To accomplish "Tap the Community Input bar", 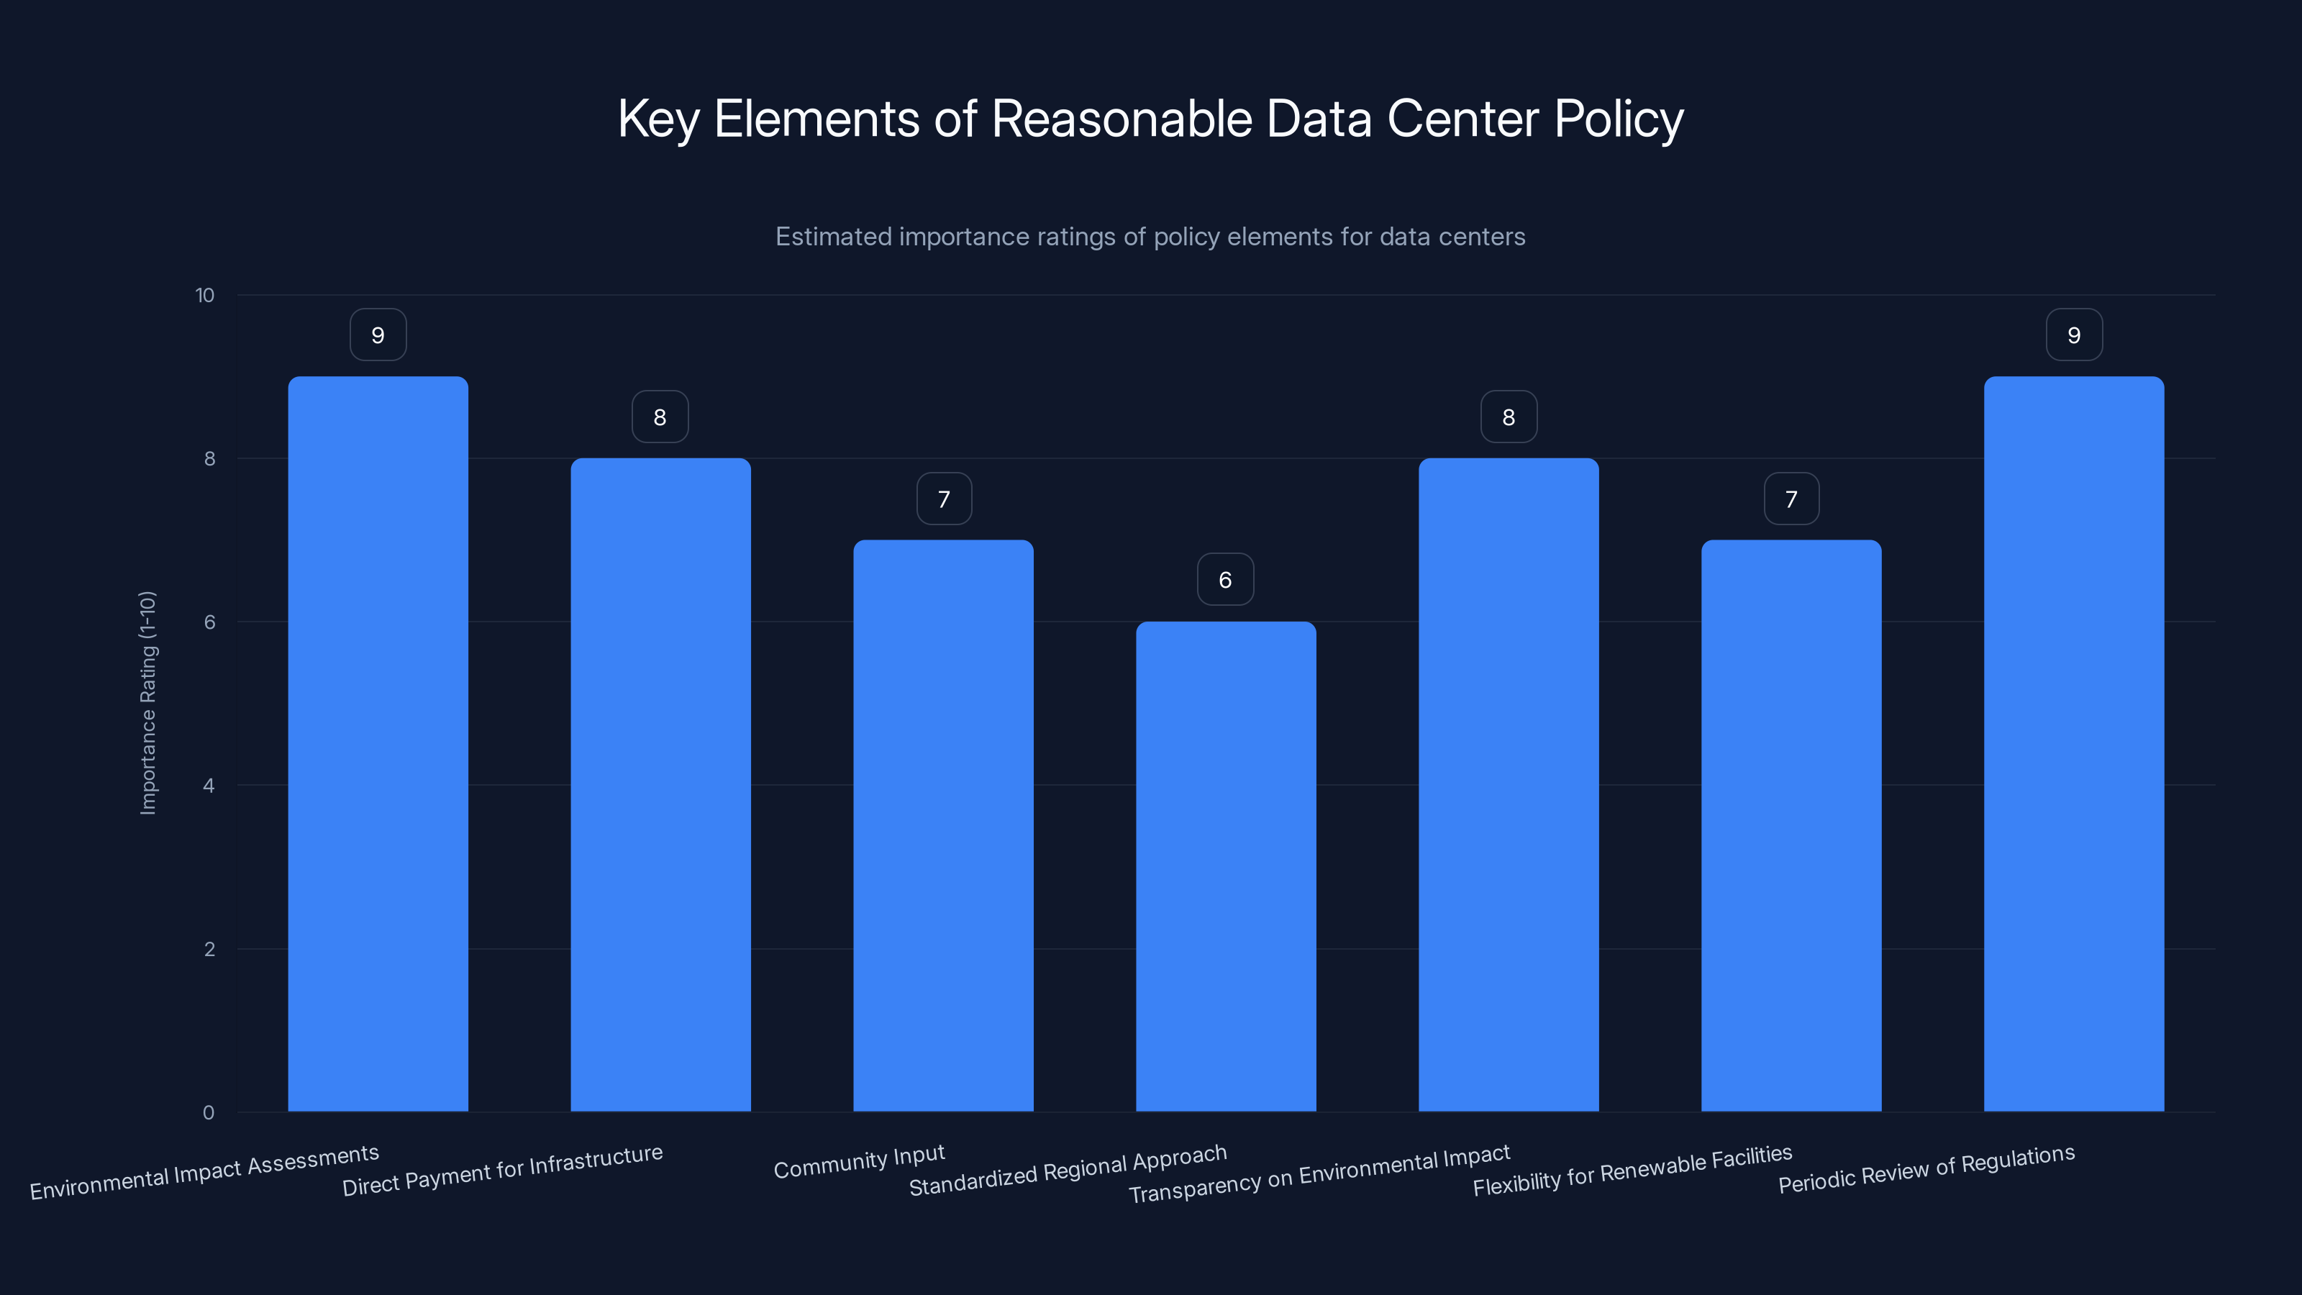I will [943, 826].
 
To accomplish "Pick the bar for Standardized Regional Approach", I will [1225, 866].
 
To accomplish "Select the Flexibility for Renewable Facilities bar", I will [1791, 826].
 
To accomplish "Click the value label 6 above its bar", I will [1225, 580].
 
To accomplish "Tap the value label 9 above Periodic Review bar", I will [2073, 335].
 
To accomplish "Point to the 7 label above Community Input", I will [944, 499].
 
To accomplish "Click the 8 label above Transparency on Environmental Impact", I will [1509, 417].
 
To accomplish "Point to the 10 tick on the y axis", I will [204, 296].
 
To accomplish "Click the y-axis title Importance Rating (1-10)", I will [148, 702].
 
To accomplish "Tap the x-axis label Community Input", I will [859, 1162].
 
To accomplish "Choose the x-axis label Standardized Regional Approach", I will [1068, 1170].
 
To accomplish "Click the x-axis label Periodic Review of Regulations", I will [1926, 1169].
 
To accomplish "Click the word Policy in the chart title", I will [1617, 119].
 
